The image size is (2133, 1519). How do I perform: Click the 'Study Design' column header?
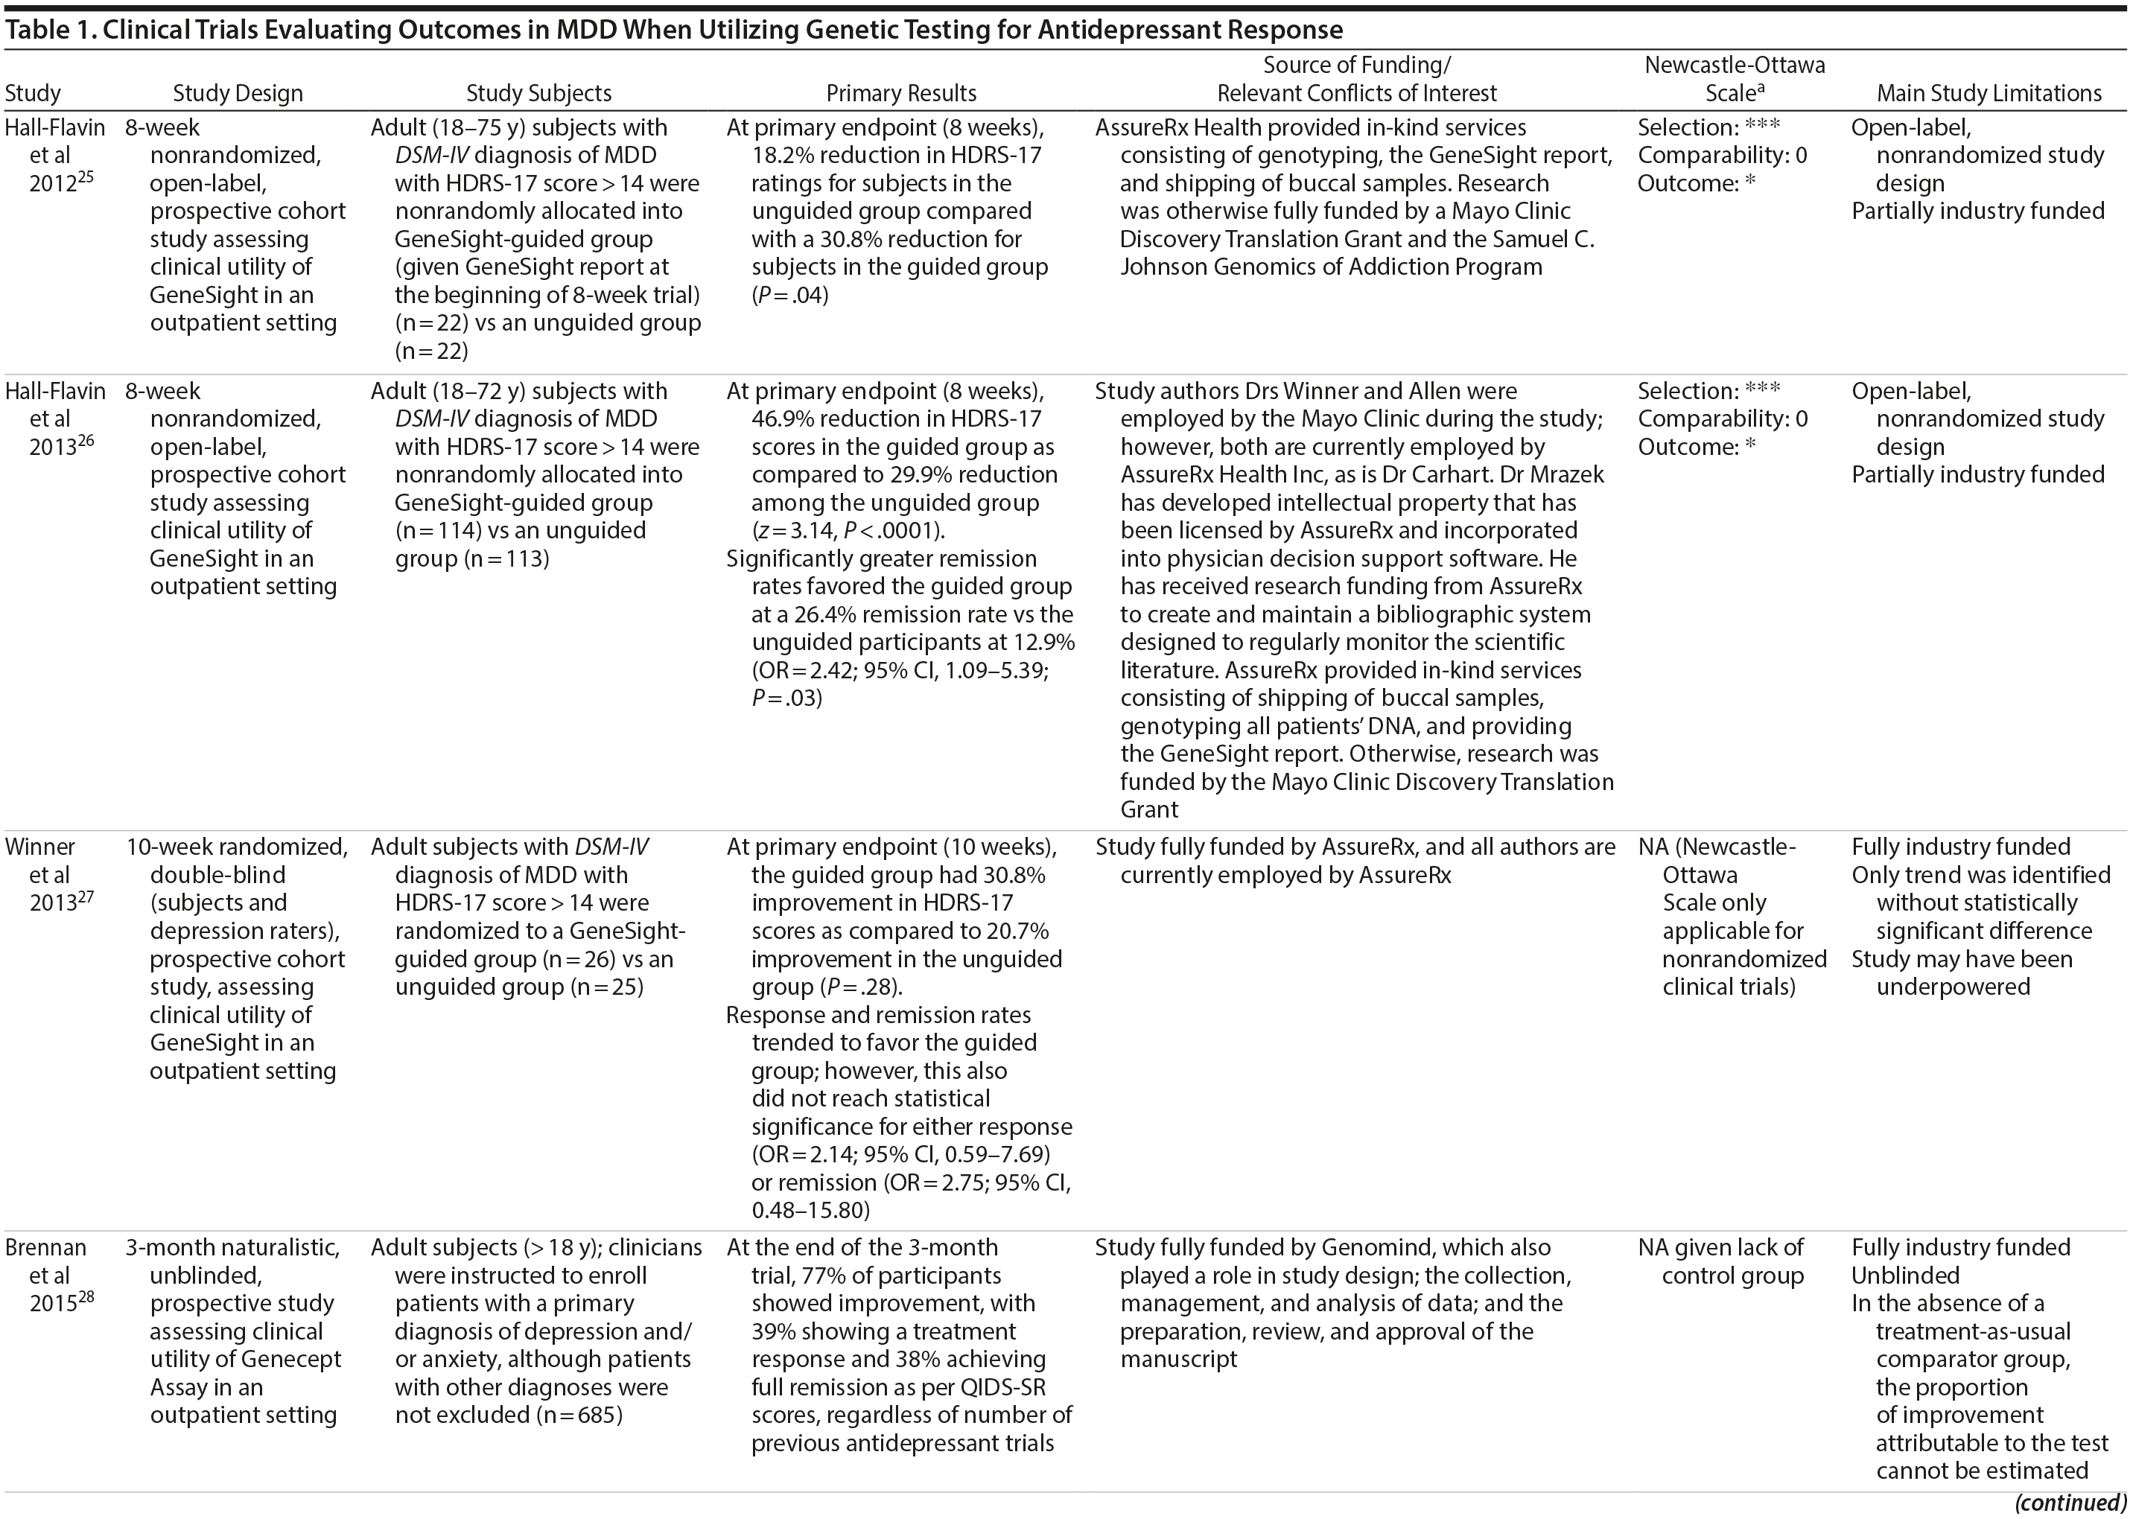pyautogui.click(x=238, y=94)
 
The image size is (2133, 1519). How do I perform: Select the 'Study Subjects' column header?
pyautogui.click(x=539, y=94)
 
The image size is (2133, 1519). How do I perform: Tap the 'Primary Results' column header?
pyautogui.click(x=901, y=94)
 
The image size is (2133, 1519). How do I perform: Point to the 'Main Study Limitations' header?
pyautogui.click(x=1989, y=94)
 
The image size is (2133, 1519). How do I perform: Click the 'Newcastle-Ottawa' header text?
pyautogui.click(x=1735, y=66)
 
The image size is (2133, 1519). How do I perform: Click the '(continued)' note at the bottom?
pyautogui.click(x=2070, y=1503)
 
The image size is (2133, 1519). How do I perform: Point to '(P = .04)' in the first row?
pyautogui.click(x=789, y=296)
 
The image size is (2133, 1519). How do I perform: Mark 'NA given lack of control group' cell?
pyautogui.click(x=1720, y=1261)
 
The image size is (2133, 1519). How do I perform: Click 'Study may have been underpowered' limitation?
pyautogui.click(x=1962, y=972)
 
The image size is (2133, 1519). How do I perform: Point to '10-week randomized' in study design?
pyautogui.click(x=237, y=847)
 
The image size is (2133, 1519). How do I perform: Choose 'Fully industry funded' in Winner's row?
pyautogui.click(x=1961, y=847)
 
